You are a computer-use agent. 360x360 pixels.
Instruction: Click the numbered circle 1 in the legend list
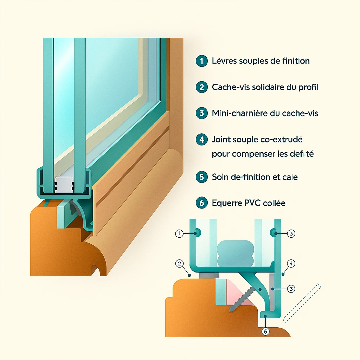pos(201,60)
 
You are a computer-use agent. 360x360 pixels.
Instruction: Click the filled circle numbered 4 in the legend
pos(201,139)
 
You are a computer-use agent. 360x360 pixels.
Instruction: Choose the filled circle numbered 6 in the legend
pos(201,203)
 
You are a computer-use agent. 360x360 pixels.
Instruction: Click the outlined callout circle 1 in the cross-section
pos(179,233)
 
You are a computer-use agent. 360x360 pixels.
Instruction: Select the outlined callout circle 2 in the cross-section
pos(179,264)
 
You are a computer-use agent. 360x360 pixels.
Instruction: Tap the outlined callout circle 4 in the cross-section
pos(290,263)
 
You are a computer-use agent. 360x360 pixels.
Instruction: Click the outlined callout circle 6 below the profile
pos(265,331)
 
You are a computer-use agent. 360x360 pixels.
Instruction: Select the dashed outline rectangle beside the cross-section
pos(302,302)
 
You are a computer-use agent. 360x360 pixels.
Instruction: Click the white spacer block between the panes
pos(65,185)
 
